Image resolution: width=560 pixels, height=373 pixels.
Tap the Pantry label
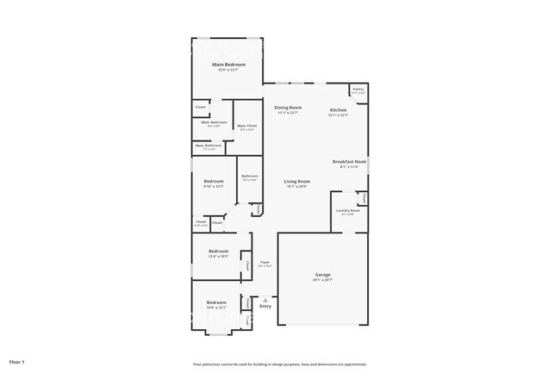(x=357, y=89)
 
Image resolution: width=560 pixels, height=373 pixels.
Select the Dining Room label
(x=288, y=108)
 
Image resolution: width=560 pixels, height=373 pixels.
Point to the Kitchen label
(x=338, y=110)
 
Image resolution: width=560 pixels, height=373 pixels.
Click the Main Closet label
(x=246, y=126)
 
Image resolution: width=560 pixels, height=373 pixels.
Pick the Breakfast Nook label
(x=350, y=162)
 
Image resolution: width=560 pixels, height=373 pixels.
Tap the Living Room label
(x=297, y=181)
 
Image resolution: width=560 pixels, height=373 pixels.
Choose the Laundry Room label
(x=348, y=210)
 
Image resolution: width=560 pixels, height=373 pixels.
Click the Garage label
(x=322, y=275)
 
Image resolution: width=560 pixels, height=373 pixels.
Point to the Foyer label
(x=265, y=262)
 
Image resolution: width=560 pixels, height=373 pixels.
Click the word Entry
(x=265, y=307)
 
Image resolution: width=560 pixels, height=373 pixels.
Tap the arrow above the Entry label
(x=265, y=299)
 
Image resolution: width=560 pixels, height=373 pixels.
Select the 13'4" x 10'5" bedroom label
(x=216, y=252)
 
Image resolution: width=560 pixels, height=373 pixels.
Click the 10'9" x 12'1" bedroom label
(x=215, y=302)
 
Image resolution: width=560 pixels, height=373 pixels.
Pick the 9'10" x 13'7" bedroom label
(x=214, y=181)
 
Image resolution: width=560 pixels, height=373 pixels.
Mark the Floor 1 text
(x=17, y=362)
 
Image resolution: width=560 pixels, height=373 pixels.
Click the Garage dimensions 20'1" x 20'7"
(x=322, y=280)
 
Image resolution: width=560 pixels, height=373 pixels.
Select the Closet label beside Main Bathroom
(x=200, y=107)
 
